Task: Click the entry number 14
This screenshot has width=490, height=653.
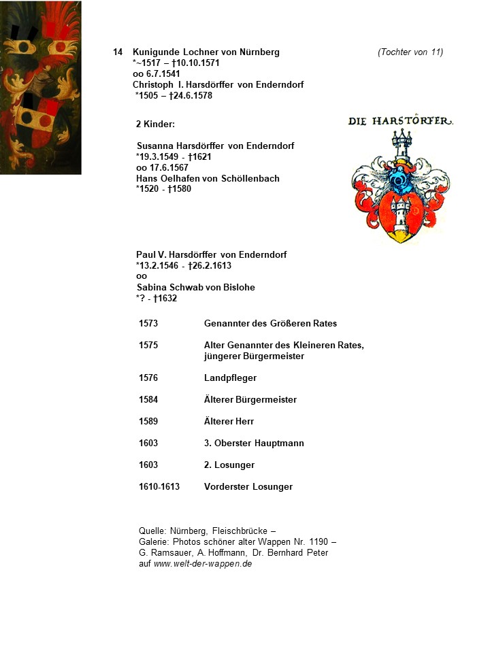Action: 118,52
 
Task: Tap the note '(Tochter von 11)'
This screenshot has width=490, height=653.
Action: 410,52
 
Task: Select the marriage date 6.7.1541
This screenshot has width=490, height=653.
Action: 161,74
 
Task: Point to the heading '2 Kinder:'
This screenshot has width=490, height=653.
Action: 156,124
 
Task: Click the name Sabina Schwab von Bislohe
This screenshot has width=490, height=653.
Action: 195,288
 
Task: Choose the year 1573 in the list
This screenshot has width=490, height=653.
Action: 148,324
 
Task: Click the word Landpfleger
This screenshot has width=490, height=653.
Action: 230,378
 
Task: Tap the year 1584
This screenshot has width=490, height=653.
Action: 148,400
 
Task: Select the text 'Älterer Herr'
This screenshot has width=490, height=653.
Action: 229,422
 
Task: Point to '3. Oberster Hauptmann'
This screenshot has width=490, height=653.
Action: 254,443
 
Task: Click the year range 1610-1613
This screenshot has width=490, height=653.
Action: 159,487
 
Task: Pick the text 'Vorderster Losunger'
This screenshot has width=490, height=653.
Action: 248,487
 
